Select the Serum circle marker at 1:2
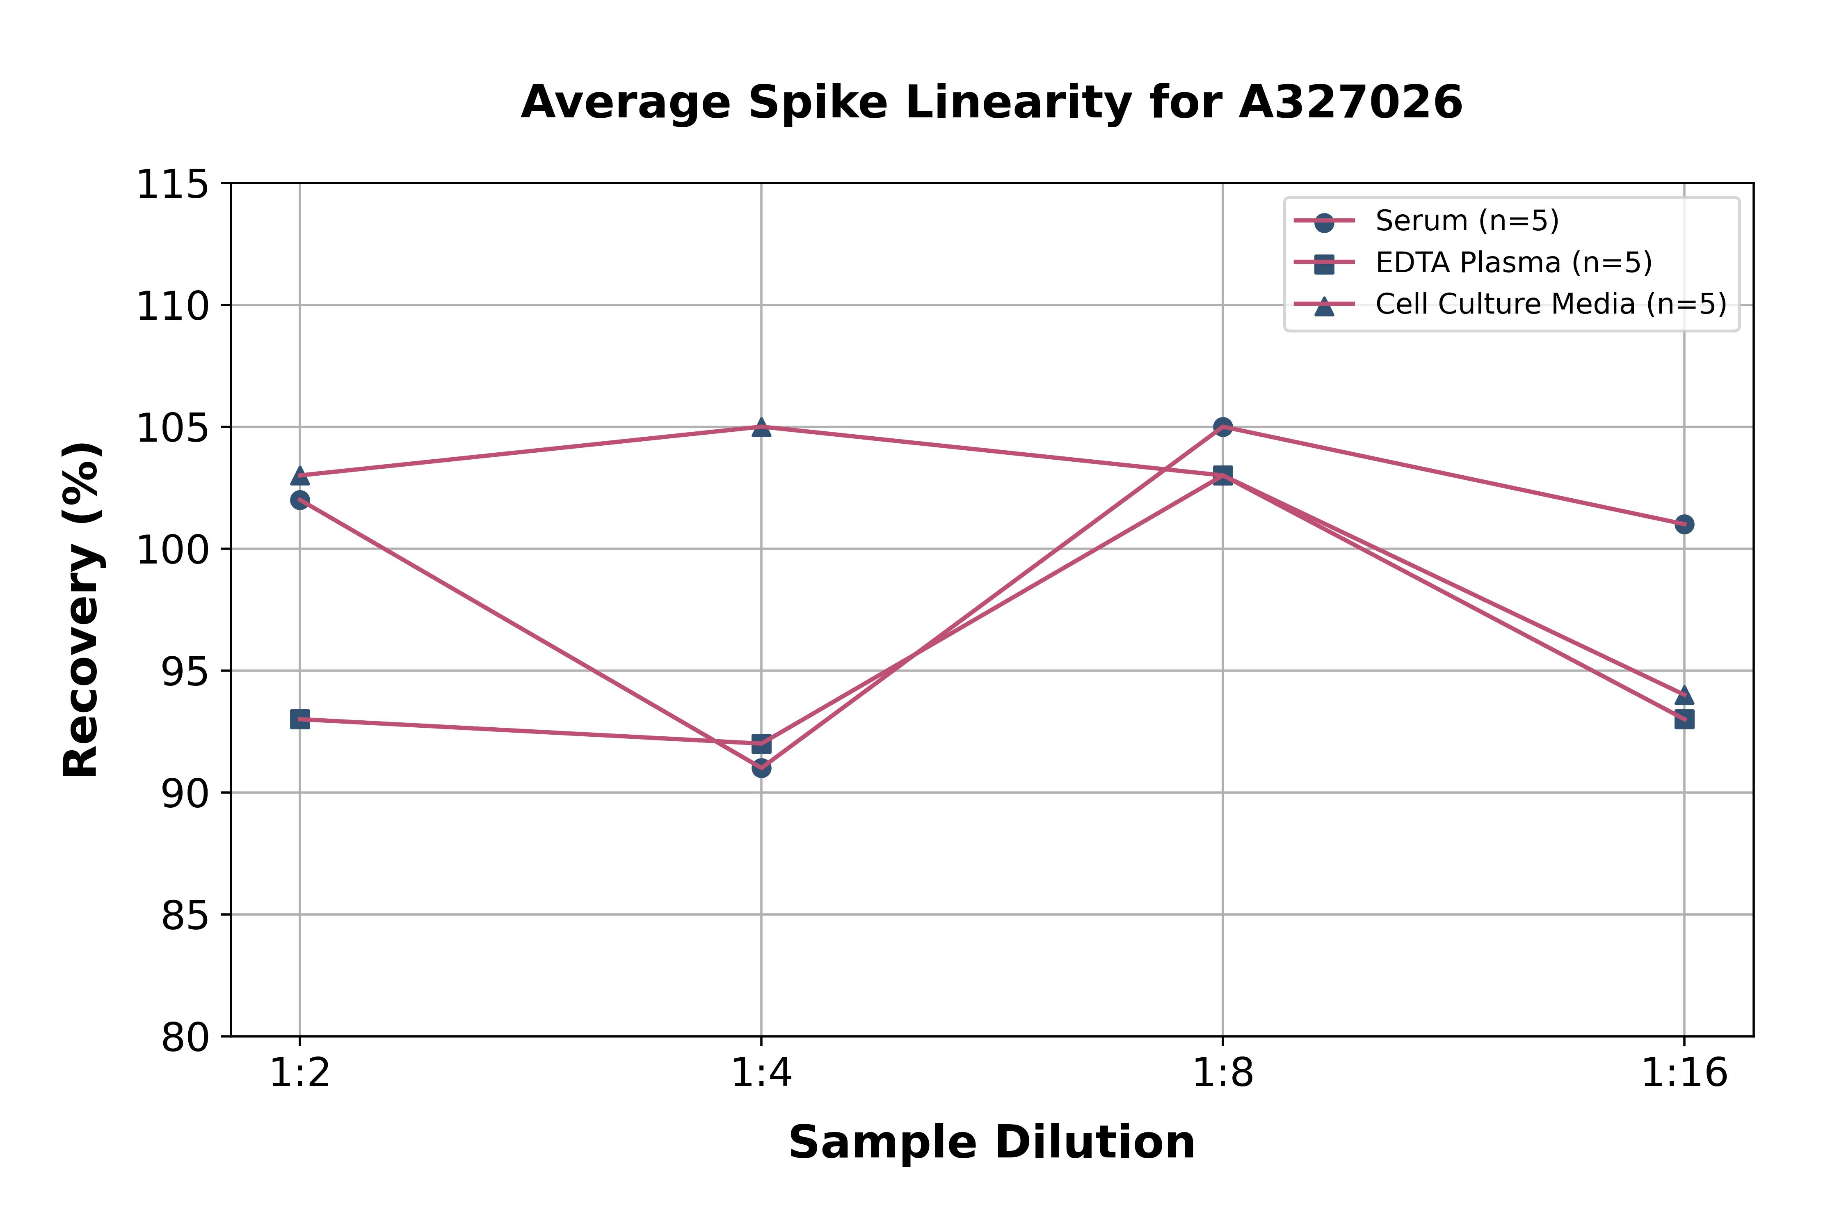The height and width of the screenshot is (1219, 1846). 300,500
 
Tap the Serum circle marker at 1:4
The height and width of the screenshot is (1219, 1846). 761,768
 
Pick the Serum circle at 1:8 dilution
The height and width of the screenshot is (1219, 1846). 1223,427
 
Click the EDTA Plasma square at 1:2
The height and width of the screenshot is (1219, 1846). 300,719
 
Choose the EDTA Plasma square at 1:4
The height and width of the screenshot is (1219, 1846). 761,743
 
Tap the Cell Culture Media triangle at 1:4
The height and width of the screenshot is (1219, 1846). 761,427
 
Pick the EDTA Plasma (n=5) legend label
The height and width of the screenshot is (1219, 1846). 1513,263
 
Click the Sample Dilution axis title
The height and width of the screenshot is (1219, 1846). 992,1143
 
